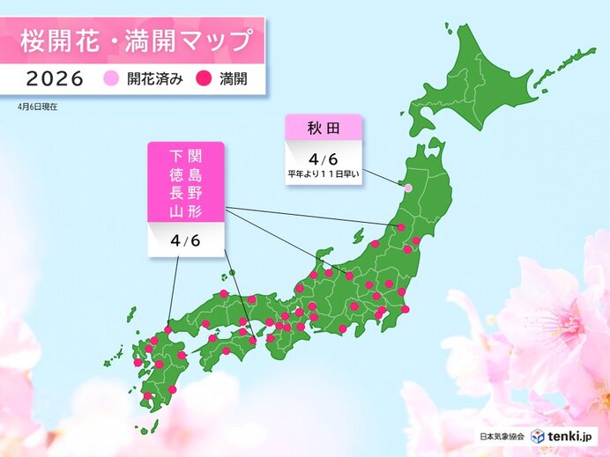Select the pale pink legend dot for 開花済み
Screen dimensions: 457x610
111,79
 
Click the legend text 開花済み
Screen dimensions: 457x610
153,79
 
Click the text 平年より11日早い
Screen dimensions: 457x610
324,173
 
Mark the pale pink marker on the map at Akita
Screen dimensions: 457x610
407,188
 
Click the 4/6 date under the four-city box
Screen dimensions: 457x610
185,240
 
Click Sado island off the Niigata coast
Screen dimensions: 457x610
357,236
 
